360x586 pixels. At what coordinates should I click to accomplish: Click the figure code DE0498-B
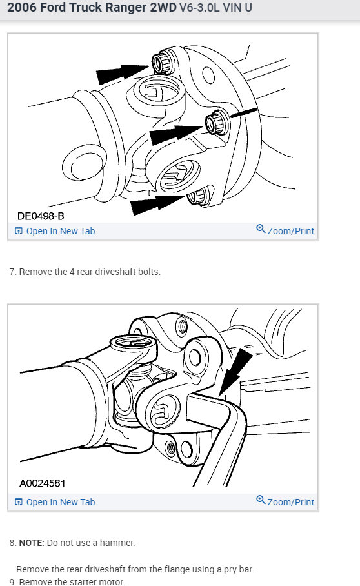coord(41,215)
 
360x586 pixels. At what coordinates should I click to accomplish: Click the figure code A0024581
coord(42,483)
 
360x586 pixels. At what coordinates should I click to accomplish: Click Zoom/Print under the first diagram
coord(290,231)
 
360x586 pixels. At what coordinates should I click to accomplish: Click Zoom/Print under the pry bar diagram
coord(290,501)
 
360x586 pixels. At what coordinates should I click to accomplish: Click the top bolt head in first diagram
coord(161,62)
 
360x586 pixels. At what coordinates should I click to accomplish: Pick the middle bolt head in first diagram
coord(214,122)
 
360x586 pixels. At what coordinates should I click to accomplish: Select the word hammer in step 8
coord(117,543)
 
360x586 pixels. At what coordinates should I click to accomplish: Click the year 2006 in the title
coord(22,10)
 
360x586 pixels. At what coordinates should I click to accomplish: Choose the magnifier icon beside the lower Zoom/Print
coord(261,500)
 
